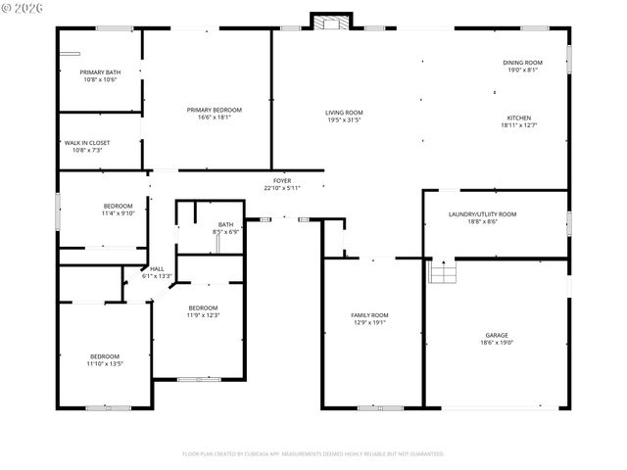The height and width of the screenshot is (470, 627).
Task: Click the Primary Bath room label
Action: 99,72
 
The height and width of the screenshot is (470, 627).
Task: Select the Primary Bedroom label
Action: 215,110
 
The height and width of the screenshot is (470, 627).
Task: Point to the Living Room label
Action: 344,113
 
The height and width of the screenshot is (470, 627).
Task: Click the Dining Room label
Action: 523,63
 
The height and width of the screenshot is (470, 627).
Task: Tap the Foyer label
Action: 282,181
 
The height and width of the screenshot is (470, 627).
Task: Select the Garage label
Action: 498,335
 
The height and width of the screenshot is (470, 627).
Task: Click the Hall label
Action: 157,269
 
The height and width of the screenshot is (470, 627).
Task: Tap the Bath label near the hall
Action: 226,224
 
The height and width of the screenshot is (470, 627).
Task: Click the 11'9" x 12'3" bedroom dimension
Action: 203,315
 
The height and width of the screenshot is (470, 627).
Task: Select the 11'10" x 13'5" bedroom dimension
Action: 105,363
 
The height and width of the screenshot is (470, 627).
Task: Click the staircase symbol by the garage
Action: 444,270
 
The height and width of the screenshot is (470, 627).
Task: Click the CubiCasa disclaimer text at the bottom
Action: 313,453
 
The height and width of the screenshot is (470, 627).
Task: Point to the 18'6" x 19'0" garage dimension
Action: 498,343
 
